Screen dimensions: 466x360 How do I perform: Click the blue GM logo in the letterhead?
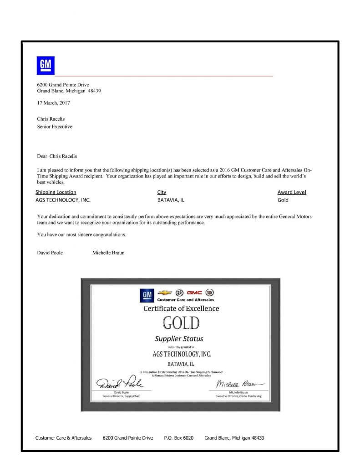[45, 65]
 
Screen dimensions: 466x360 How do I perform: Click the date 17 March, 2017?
[53, 103]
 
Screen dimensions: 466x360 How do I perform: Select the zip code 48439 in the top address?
[94, 91]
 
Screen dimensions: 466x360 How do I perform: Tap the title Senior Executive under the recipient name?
[54, 127]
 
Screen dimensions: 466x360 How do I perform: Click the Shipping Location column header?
[56, 192]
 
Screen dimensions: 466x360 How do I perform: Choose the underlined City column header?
[162, 192]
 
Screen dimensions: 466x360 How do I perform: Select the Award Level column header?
[292, 192]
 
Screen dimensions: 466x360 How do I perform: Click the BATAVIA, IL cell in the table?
[171, 200]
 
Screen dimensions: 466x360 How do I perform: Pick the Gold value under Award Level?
[283, 200]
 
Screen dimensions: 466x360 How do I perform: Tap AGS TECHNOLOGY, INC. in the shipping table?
[64, 200]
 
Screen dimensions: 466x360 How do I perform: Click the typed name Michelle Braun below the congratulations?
[109, 253]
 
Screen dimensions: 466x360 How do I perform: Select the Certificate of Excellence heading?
[181, 308]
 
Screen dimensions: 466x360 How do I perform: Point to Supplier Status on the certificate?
[179, 339]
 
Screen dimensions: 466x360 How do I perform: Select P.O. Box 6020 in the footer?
[178, 438]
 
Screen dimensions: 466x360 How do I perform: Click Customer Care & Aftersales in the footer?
[63, 438]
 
